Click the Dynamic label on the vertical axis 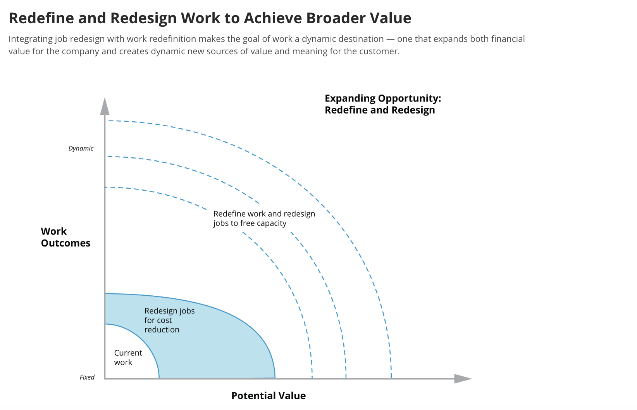(x=81, y=148)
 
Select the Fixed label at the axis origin (x=87, y=377)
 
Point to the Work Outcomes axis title (x=65, y=237)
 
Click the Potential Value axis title (x=269, y=396)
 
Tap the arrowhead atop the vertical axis (x=105, y=107)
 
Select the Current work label (x=128, y=358)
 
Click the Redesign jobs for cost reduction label (x=169, y=320)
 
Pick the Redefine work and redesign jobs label (x=264, y=219)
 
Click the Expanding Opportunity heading (x=382, y=104)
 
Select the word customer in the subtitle (x=381, y=51)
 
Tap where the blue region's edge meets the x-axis (x=275, y=377)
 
